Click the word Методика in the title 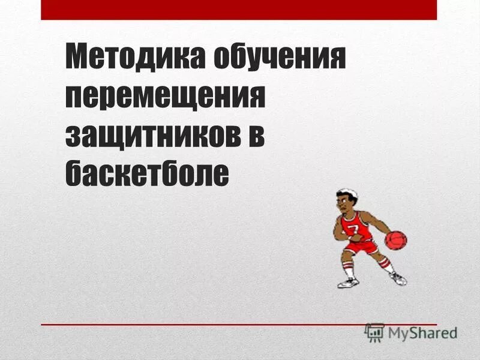pos(131,58)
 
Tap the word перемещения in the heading pos(165,97)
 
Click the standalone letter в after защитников pos(254,134)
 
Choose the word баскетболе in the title pos(147,172)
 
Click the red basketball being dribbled pos(395,240)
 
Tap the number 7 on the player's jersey pos(353,230)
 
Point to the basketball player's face pos(345,203)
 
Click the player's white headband pos(347,194)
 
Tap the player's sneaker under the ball pos(398,278)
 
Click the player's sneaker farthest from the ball pos(347,283)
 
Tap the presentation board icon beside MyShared pos(374,332)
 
